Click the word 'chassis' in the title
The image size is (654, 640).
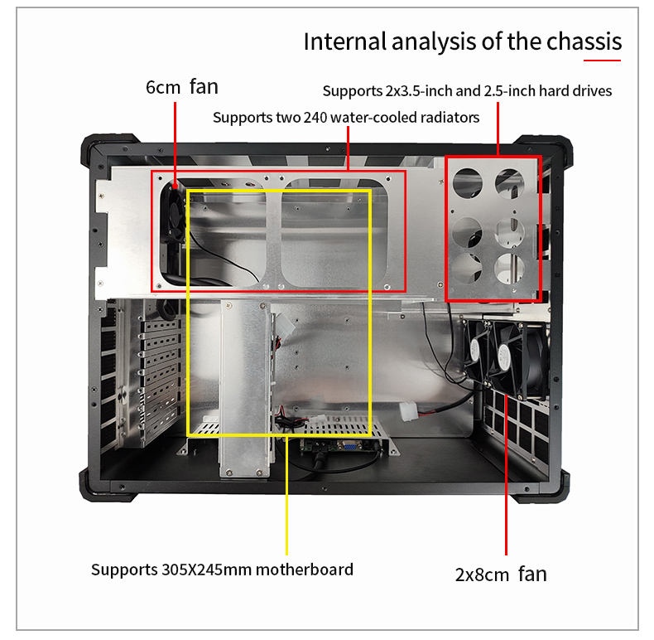coord(583,41)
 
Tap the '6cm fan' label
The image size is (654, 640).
coord(182,86)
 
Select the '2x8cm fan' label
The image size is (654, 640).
coord(501,574)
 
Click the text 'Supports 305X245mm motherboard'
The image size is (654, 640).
coord(222,570)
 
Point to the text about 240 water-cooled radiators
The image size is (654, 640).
coord(346,117)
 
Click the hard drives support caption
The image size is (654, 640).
coord(467,90)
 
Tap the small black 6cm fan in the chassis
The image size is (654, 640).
coord(174,215)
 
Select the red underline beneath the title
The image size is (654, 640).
coord(602,59)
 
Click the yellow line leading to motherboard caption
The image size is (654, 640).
coord(286,497)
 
